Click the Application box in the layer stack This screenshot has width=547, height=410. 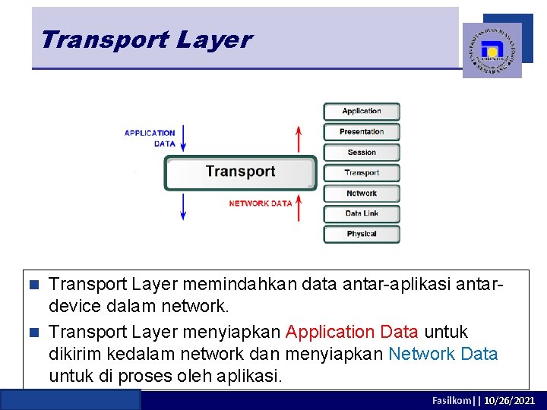[x=362, y=111]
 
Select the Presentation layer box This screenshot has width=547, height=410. [x=362, y=131]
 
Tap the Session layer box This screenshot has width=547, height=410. [x=362, y=152]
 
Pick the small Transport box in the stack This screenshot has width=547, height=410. [x=362, y=172]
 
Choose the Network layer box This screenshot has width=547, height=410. [x=362, y=193]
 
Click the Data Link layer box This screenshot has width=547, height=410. [x=362, y=213]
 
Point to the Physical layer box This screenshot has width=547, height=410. [x=362, y=234]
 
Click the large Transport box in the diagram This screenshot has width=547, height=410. [x=240, y=172]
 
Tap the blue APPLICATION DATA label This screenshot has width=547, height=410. [x=150, y=138]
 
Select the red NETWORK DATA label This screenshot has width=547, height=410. [x=261, y=203]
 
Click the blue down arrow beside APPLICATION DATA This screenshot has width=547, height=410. [x=183, y=138]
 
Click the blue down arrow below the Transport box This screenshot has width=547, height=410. [x=183, y=207]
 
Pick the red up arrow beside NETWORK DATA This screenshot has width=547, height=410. [x=299, y=207]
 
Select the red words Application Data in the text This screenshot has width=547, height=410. [x=351, y=332]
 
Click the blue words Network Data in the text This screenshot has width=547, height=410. [x=443, y=354]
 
